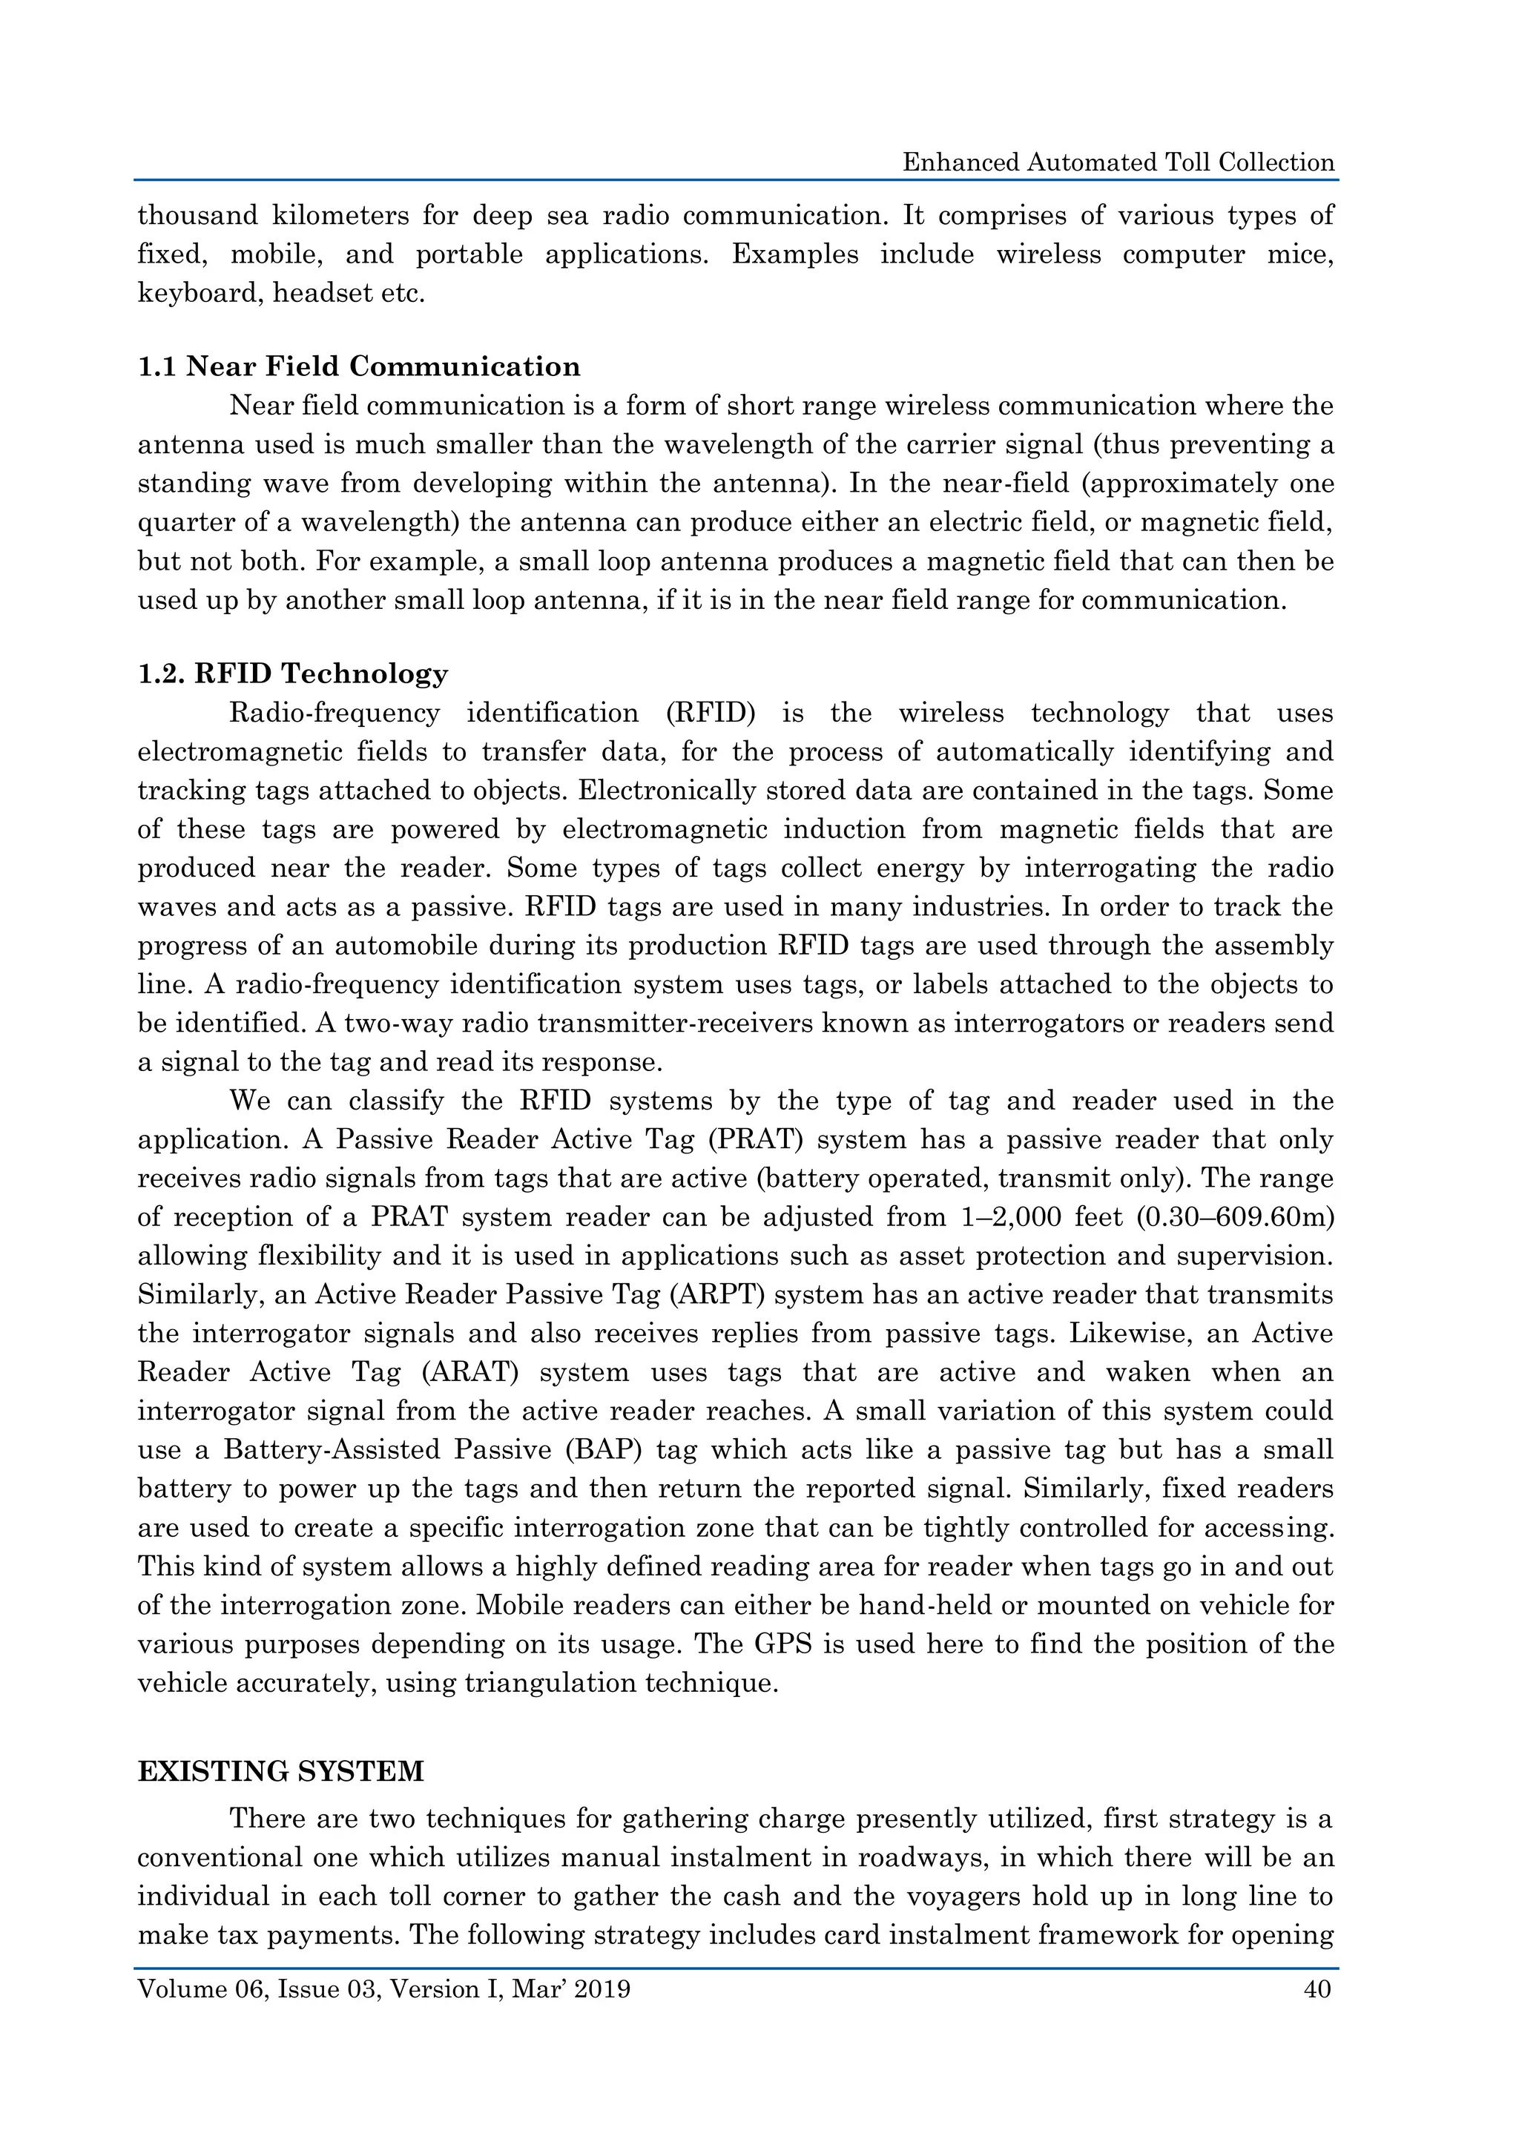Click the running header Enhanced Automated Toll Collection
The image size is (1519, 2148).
tap(1118, 162)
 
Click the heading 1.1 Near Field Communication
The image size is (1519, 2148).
tap(358, 366)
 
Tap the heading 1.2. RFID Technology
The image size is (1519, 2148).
tap(293, 673)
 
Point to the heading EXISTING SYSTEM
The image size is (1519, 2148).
tap(280, 1771)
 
